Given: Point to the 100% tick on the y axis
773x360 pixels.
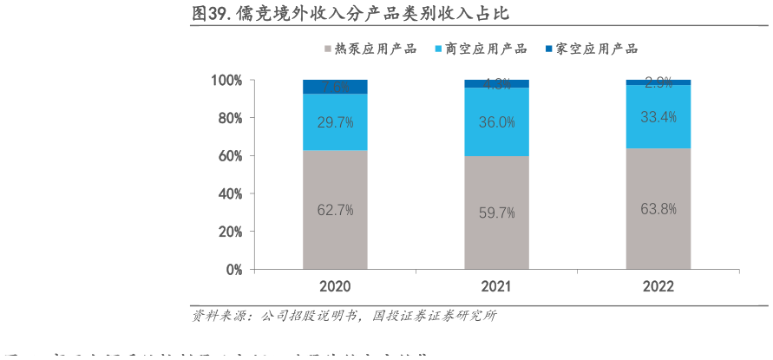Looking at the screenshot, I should (x=227, y=81).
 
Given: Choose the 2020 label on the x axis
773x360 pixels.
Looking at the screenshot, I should (x=335, y=286).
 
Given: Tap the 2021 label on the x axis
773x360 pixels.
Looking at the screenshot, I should (x=497, y=286).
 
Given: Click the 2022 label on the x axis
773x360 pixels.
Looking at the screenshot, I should (x=658, y=286).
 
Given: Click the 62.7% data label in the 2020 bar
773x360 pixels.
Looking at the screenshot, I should (x=335, y=209).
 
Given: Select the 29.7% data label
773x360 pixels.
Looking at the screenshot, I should (x=335, y=122).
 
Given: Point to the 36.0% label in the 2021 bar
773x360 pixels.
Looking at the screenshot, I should (x=497, y=122).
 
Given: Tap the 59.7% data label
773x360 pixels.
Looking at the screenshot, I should (x=497, y=213).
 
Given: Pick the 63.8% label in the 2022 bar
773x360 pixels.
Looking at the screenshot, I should (x=658, y=208).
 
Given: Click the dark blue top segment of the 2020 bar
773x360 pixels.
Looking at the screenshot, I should (x=335, y=86).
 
